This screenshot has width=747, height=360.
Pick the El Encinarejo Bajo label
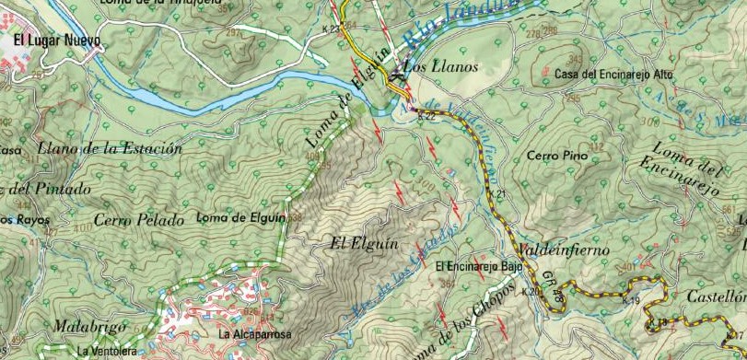(479, 266)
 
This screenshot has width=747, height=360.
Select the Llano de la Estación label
(111, 147)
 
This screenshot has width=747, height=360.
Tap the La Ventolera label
(108, 351)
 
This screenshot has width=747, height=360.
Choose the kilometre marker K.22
(426, 117)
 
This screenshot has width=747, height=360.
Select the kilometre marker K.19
(631, 301)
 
